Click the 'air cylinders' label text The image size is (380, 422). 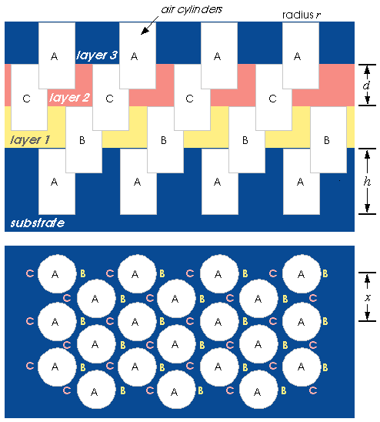click(192, 10)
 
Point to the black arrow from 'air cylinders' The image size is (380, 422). click(150, 25)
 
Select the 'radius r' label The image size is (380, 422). click(302, 15)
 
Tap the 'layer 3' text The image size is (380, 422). click(97, 55)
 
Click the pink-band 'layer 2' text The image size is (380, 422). click(69, 97)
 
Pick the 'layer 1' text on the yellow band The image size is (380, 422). click(30, 139)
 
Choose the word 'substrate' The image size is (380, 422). click(38, 223)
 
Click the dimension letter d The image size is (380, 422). click(367, 85)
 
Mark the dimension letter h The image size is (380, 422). click(367, 182)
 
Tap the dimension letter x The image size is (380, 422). click(368, 297)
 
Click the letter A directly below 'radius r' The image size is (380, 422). click(297, 56)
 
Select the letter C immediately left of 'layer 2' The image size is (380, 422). click(27, 99)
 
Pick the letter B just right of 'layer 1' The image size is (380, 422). click(82, 140)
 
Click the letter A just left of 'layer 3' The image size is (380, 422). click(55, 56)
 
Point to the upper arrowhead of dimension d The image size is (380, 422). click(367, 69)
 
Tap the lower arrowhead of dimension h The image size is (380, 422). click(367, 209)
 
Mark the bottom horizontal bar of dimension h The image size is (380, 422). click(367, 214)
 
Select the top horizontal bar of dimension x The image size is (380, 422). click(367, 273)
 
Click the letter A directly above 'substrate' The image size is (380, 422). click(55, 183)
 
